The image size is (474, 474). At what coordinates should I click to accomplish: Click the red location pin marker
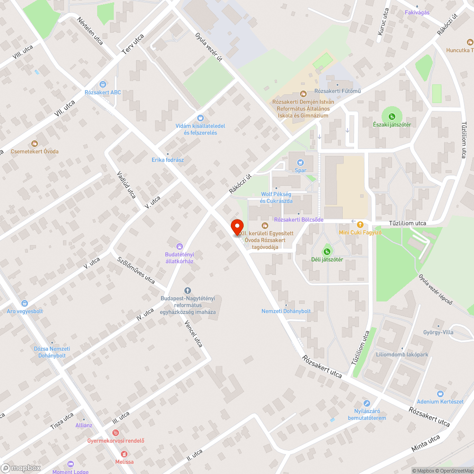pos(237,228)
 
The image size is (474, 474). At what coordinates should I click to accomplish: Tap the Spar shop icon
pos(301,163)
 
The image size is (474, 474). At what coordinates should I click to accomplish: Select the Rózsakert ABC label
pos(103,92)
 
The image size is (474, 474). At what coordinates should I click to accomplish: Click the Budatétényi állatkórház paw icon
pos(180,246)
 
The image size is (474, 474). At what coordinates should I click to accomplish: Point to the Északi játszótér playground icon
pos(392,116)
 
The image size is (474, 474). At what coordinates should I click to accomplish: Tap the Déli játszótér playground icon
pos(326,251)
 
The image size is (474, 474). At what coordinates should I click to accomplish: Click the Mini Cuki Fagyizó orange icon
pos(360,224)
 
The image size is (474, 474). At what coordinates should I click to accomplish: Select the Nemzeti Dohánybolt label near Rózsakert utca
pos(286,311)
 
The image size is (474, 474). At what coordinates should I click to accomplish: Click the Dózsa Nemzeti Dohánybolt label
pos(52,352)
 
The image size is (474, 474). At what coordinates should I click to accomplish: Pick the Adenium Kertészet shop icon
pos(440,393)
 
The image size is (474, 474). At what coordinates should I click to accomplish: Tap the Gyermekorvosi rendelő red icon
pos(116,432)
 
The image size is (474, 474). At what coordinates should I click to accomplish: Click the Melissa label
pos(124,461)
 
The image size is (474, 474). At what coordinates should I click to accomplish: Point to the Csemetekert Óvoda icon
pos(34,143)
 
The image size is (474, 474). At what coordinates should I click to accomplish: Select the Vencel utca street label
pos(193,333)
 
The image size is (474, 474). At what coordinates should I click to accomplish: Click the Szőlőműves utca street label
pos(137,270)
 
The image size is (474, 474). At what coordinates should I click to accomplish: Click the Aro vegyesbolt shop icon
pos(24,303)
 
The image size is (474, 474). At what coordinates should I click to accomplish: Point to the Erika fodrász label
pos(167,160)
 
